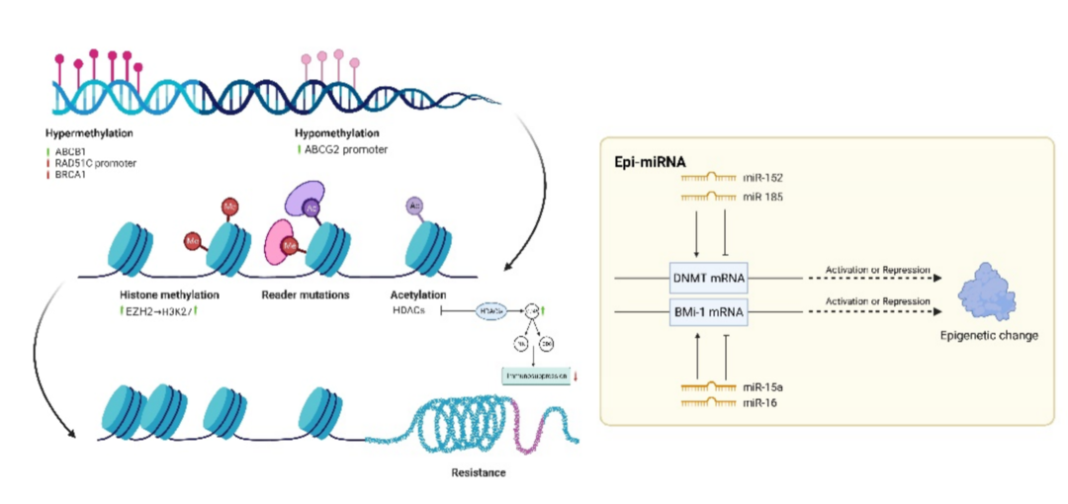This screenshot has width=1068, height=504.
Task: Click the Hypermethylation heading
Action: pos(89,132)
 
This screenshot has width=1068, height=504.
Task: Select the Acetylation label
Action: pos(418,294)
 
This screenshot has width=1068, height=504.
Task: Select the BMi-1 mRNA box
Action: pos(708,312)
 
